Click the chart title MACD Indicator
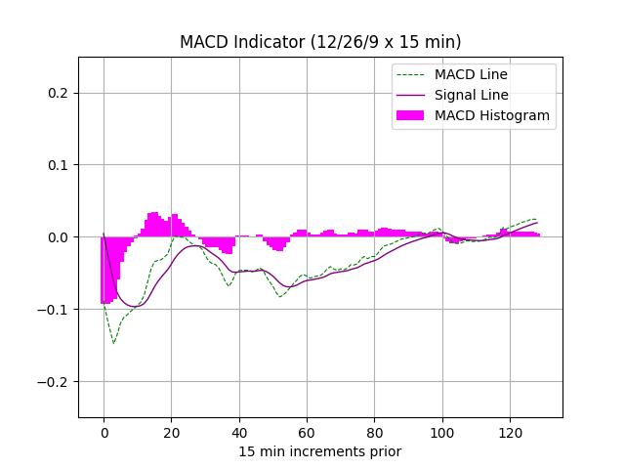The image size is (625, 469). coord(320,42)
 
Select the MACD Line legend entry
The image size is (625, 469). coord(471,74)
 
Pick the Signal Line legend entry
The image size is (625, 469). coord(472,95)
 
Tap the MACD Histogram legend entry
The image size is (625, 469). coord(492,115)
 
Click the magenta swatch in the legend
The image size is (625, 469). coord(410,115)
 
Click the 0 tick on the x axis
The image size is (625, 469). coord(104,433)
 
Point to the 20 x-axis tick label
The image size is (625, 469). coord(171,433)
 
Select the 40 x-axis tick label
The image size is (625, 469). coord(238,433)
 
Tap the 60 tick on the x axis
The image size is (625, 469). coord(307,433)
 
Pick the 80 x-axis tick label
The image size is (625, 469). coord(374,433)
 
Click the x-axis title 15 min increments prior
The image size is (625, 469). coord(320,451)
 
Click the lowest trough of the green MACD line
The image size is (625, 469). coord(113,343)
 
